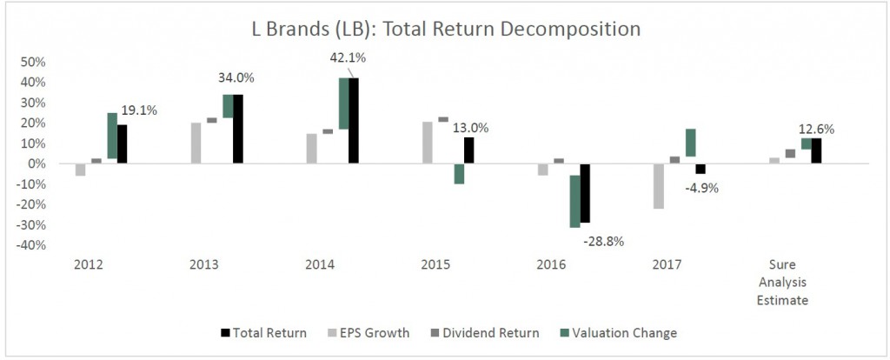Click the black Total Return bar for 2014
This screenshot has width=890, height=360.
[x=354, y=120]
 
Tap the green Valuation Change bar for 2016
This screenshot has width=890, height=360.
[x=575, y=201]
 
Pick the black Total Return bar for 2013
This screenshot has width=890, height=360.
[x=238, y=129]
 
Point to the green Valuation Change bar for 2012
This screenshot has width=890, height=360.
[x=112, y=136]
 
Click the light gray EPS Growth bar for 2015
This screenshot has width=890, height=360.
[x=428, y=143]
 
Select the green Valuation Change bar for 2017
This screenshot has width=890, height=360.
[x=690, y=143]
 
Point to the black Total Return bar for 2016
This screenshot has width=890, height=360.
[x=585, y=193]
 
